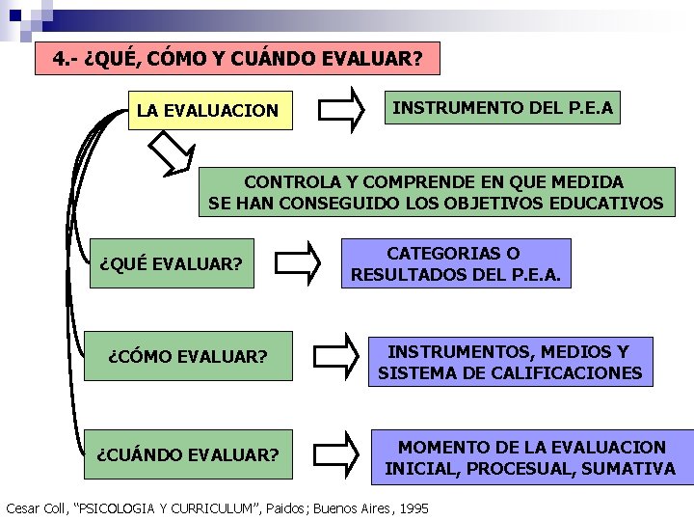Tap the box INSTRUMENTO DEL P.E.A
click(x=501, y=108)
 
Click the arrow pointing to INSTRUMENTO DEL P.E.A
click(x=342, y=110)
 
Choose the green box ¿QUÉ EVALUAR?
click(x=171, y=263)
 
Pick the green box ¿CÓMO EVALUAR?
click(x=188, y=357)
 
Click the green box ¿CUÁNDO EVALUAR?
click(x=188, y=453)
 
